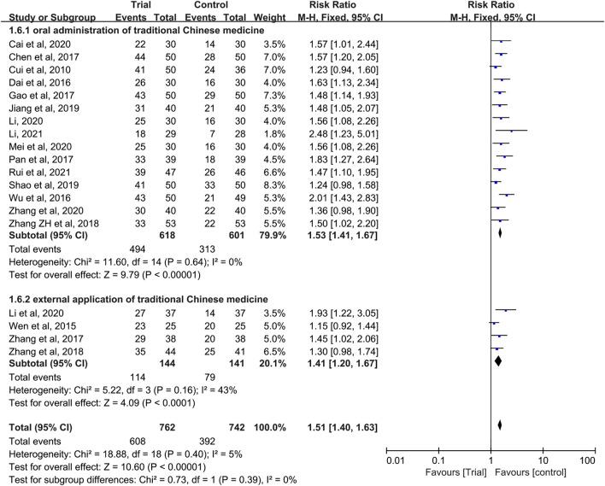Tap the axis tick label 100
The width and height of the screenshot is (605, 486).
click(586, 462)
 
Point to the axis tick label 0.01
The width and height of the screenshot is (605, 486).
click(394, 462)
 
